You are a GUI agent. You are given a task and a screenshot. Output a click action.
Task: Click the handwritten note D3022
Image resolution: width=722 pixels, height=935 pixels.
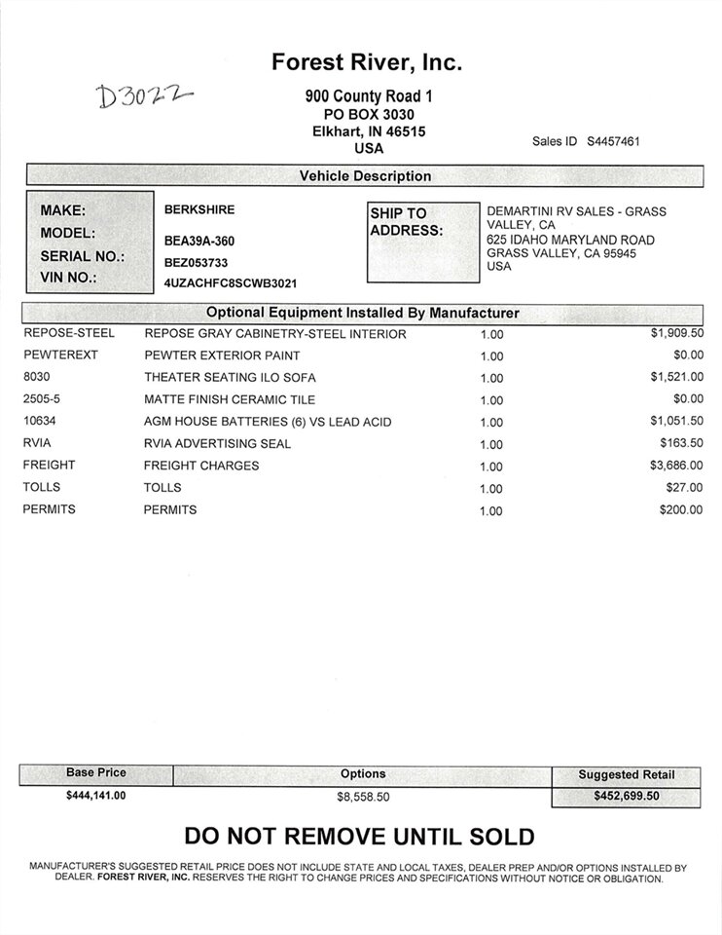tap(145, 95)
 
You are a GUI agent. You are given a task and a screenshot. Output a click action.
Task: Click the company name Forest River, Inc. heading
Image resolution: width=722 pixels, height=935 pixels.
tap(366, 63)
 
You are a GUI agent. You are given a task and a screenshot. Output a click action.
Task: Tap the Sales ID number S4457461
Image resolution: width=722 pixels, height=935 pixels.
tap(613, 141)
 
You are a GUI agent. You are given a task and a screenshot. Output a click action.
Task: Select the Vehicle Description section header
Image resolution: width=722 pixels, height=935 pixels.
tap(365, 176)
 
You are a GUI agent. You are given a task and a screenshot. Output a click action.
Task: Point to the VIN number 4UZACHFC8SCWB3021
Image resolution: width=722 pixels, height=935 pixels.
tap(231, 283)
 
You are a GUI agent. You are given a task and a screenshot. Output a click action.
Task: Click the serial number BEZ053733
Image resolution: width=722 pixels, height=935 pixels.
tap(197, 262)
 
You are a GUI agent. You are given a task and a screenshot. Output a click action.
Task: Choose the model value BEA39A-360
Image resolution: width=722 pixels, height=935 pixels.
tap(199, 241)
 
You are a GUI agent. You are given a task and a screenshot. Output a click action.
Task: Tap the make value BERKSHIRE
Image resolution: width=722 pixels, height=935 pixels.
tap(199, 209)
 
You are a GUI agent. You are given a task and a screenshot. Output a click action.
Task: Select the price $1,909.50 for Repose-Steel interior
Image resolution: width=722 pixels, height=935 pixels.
tap(676, 333)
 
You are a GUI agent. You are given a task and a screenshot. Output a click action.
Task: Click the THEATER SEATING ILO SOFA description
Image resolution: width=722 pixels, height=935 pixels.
tap(230, 378)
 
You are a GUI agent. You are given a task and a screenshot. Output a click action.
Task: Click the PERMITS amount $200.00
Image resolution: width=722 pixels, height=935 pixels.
tap(680, 509)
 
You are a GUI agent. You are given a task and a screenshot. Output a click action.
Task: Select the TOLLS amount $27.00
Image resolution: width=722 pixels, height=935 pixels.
tap(684, 487)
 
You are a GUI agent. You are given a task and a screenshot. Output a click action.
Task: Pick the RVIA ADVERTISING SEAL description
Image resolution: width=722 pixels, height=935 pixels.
tap(217, 444)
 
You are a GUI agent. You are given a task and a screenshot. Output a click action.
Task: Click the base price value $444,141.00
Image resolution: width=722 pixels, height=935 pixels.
tap(96, 795)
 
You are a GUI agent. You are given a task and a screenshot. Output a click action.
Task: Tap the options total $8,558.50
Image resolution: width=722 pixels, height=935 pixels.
tap(363, 796)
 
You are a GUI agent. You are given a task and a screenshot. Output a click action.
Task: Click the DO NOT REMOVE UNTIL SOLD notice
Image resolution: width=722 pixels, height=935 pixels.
tap(359, 836)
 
